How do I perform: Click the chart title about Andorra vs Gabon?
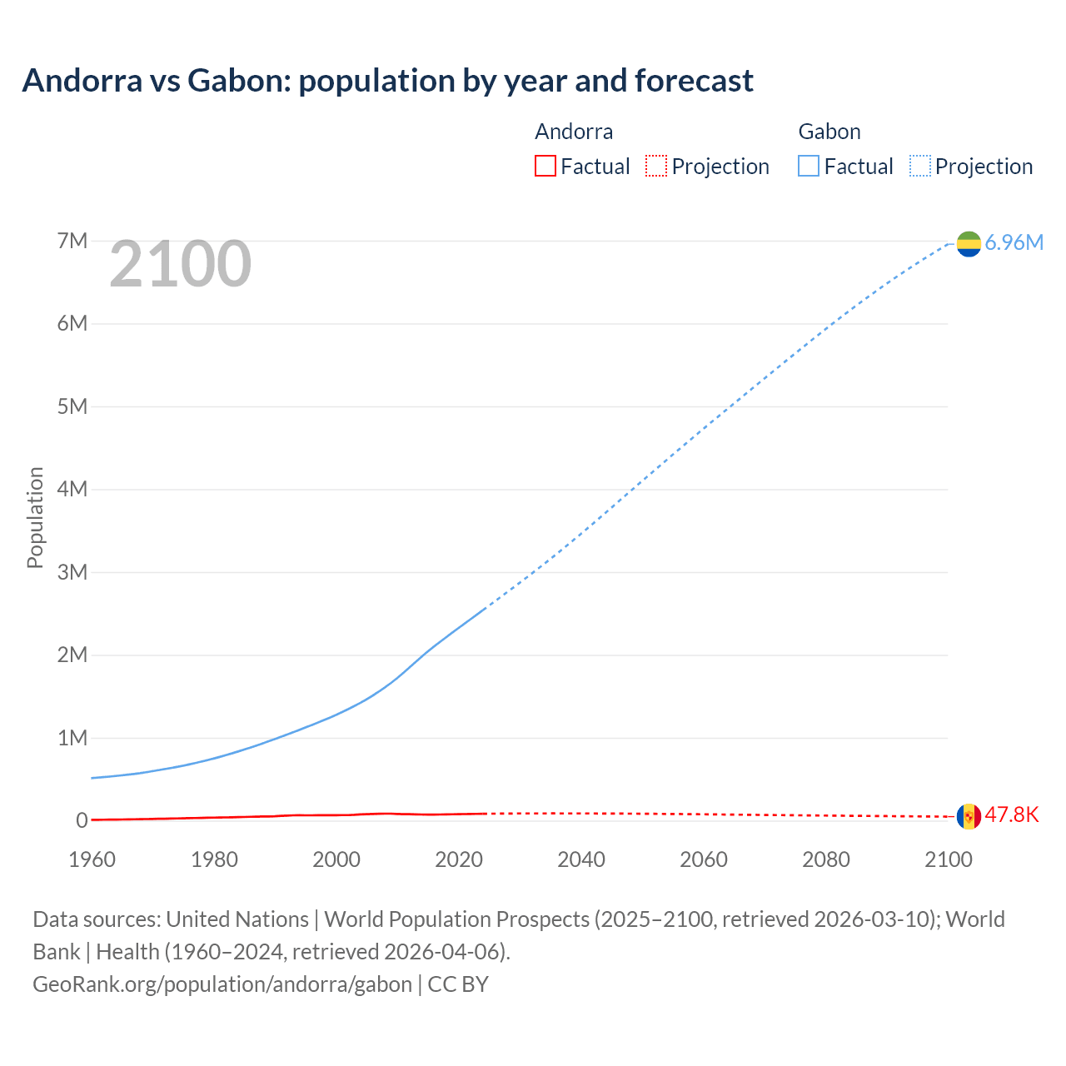[x=387, y=81]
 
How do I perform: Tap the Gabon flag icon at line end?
[x=969, y=243]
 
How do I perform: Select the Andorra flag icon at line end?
[x=969, y=816]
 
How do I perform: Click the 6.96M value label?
[x=1014, y=242]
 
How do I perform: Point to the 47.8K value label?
[x=1012, y=814]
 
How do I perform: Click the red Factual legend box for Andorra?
[x=545, y=166]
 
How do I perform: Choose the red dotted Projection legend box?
[x=656, y=166]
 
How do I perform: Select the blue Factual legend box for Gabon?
[x=809, y=166]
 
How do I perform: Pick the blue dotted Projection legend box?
[x=920, y=166]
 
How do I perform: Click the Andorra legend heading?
[x=574, y=132]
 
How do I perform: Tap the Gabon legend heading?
[x=829, y=132]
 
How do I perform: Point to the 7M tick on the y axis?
[x=72, y=241]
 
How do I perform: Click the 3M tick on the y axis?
[x=72, y=572]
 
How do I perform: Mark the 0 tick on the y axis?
[x=82, y=820]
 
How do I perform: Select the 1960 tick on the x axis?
[x=92, y=859]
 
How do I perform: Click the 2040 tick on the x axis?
[x=581, y=859]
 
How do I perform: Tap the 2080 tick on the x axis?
[x=826, y=859]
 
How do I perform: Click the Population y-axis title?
[x=35, y=517]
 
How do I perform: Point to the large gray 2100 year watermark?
[x=180, y=264]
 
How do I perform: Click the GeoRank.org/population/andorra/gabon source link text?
[x=222, y=984]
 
